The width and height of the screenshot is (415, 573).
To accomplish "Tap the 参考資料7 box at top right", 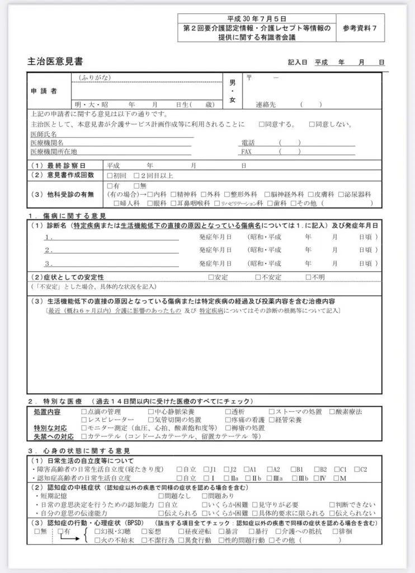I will (363, 28).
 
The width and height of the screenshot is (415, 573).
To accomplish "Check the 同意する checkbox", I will (262, 124).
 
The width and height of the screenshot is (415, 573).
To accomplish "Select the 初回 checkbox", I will (110, 176).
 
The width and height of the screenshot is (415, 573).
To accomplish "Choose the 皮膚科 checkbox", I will (312, 194).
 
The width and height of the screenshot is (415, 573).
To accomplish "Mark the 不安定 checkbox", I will (258, 277).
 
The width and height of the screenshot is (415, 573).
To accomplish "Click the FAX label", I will (247, 152).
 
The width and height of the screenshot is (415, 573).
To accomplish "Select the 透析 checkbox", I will (228, 412).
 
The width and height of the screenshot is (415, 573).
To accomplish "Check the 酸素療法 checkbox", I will (332, 412).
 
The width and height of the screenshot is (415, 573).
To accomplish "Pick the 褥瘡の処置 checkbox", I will (228, 428).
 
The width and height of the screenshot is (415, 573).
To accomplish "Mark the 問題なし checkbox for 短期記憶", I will (162, 496).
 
